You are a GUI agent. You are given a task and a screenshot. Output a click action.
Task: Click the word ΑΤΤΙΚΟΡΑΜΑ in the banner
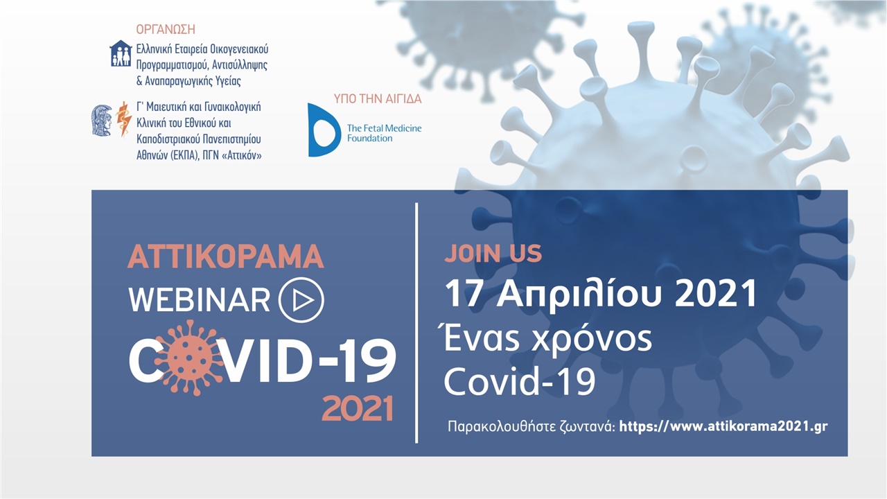pos(225,256)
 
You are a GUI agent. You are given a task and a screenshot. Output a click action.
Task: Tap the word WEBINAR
pos(200,299)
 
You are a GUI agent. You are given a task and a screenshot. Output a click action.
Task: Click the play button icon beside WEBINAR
pos(301,299)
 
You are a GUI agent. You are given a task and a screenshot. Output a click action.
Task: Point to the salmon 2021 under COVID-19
pos(357,409)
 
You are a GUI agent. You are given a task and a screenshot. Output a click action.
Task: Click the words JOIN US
pos(493,254)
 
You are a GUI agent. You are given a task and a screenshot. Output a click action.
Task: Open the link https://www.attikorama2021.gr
pos(723,426)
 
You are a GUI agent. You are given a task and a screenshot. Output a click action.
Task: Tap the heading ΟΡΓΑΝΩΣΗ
pos(166,29)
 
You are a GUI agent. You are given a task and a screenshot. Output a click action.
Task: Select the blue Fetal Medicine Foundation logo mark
pos(322,130)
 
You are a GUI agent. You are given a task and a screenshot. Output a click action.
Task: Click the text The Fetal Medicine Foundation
pos(384,133)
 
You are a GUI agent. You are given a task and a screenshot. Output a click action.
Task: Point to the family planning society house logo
pos(121,53)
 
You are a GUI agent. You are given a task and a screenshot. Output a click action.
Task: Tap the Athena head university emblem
pos(102,119)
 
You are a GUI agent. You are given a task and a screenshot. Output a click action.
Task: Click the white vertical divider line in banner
pos(416,323)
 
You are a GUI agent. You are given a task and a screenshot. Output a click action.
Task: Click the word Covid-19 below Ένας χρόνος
pos(519,382)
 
